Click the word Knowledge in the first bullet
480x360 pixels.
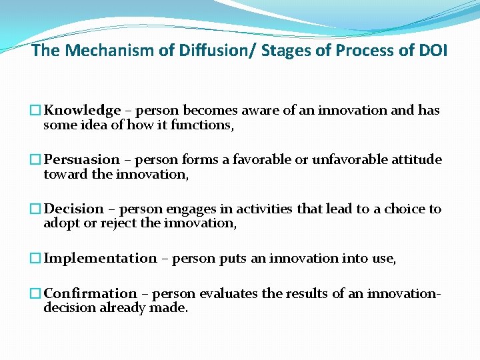coord(82,111)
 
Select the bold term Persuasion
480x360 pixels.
coord(82,160)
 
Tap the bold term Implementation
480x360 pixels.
coord(100,259)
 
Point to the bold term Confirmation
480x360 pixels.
coord(90,294)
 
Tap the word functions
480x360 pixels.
coord(202,125)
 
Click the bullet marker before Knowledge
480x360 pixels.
coord(36,111)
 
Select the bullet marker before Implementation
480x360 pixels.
coord(36,259)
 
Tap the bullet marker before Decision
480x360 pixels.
coord(36,209)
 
